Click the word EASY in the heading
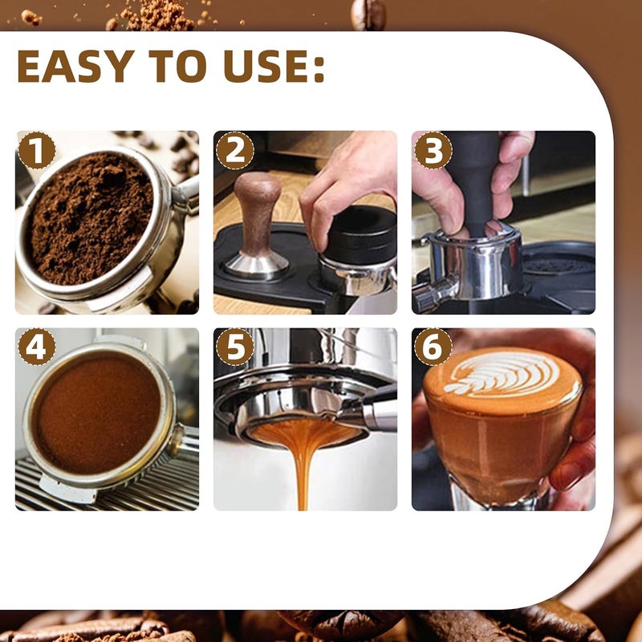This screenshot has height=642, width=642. pos(76,67)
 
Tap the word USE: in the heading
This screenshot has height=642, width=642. pos(274,67)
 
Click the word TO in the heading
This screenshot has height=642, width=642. pos(180,67)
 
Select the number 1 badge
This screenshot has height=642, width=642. pos(36,150)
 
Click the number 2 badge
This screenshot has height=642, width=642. pos(234,150)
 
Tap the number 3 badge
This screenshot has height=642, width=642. pos(433,150)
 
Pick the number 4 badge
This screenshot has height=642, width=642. pos(36,347)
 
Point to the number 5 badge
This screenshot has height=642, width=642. pos(234,347)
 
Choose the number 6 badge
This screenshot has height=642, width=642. pos(433,347)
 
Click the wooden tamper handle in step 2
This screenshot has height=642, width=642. pos(258,213)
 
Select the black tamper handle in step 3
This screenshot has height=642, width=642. pos(474,180)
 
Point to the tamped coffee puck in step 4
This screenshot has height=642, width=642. pos(95,412)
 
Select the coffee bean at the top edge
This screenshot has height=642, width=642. pos(368,14)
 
